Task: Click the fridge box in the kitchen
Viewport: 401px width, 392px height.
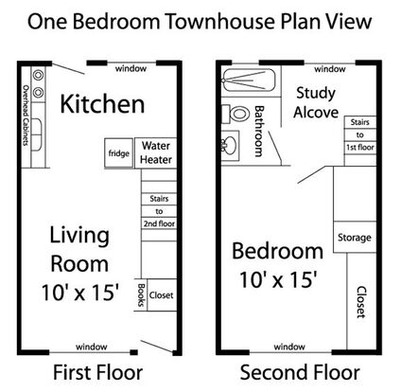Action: point(118,153)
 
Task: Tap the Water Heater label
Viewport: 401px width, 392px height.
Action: point(156,152)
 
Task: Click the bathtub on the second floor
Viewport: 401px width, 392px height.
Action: point(249,80)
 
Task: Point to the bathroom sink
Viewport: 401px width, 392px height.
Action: point(230,146)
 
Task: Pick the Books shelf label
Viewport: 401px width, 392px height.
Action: point(141,294)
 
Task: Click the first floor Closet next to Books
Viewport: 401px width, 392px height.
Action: point(162,295)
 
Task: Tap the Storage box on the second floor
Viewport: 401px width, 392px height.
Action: point(355,237)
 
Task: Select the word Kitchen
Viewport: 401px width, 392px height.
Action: point(102,104)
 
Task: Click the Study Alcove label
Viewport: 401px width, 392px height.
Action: point(316,103)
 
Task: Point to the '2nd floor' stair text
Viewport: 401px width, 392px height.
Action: point(159,223)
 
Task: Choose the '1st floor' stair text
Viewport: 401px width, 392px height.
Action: point(360,147)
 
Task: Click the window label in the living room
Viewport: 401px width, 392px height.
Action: point(92,347)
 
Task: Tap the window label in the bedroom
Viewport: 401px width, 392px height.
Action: point(289,347)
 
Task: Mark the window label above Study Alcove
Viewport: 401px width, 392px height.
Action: point(330,69)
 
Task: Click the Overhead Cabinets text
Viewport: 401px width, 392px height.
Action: point(26,116)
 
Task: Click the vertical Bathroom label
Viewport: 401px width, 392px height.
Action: point(258,131)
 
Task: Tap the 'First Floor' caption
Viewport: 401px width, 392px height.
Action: point(97,372)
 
